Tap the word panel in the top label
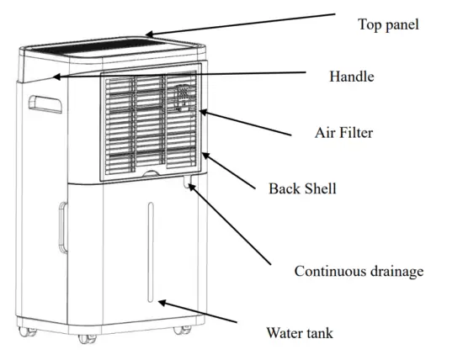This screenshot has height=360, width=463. pyautogui.click(x=400, y=25)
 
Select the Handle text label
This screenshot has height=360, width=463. pyautogui.click(x=351, y=77)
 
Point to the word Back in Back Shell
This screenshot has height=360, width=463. pyautogui.click(x=283, y=188)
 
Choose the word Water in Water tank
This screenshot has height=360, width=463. pyautogui.click(x=285, y=333)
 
